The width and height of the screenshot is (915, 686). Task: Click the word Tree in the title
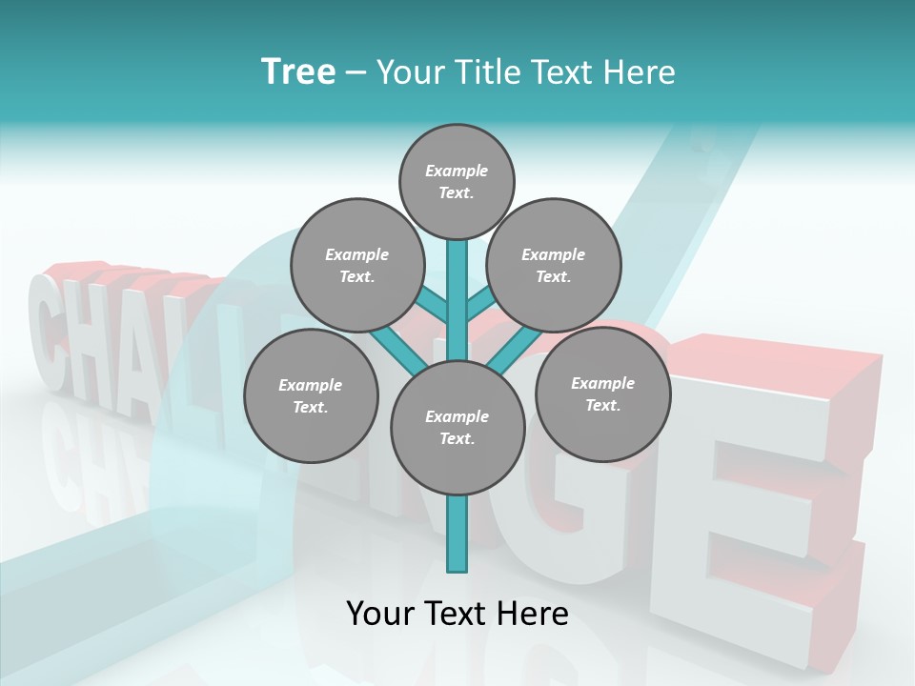(298, 71)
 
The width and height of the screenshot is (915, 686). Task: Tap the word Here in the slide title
(638, 71)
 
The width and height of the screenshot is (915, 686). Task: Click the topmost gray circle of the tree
(457, 181)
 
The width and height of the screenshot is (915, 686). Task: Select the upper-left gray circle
(356, 265)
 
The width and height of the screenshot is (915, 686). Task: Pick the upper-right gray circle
(554, 265)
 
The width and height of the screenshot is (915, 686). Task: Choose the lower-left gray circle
(311, 395)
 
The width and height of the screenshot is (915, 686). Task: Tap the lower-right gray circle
(602, 393)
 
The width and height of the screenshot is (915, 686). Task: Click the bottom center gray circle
(457, 427)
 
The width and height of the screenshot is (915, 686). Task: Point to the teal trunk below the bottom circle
(457, 534)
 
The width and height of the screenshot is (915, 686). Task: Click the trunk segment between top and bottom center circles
(457, 300)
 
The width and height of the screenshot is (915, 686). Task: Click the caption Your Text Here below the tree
(457, 614)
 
